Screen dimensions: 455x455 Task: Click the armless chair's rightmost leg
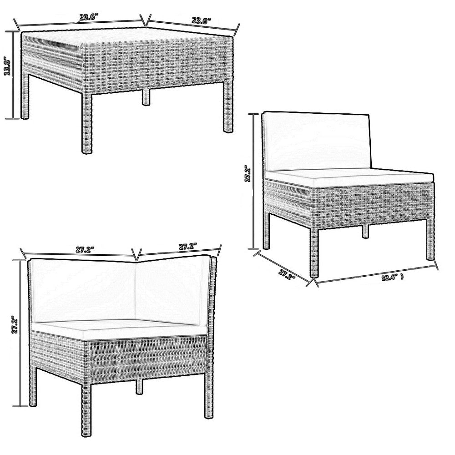[x=430, y=239]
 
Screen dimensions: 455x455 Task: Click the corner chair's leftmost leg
[x=33, y=387]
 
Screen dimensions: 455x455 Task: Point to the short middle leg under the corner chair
[x=139, y=385]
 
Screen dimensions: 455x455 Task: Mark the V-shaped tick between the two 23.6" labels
[x=145, y=20]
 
